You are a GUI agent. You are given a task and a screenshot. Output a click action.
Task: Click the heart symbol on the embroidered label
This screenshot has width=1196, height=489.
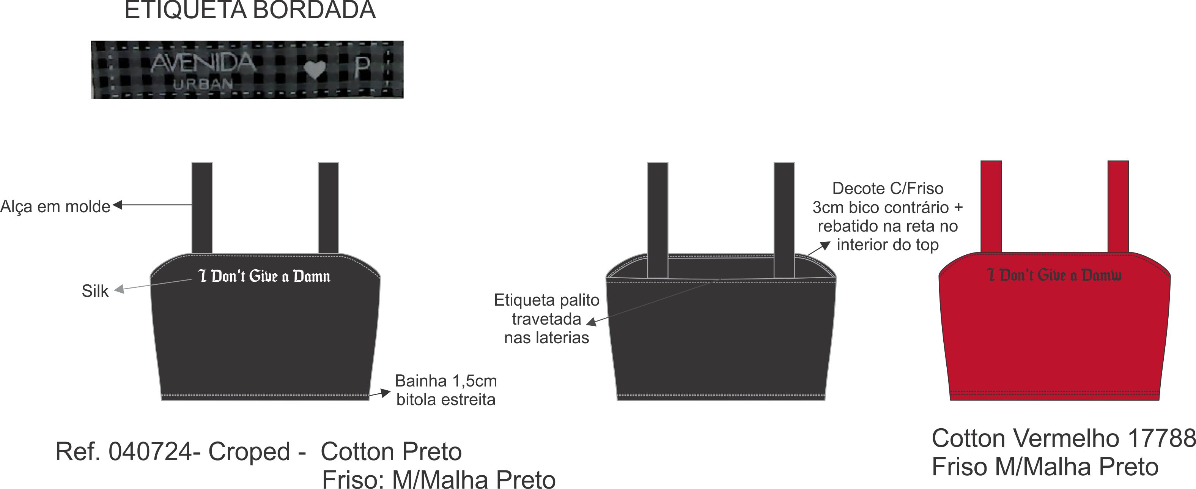315,70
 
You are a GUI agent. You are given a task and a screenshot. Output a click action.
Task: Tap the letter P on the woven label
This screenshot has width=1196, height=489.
362,68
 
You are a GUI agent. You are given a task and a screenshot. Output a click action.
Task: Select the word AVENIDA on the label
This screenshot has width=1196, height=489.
203,63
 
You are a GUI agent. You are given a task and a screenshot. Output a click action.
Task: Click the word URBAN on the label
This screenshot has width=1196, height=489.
203,84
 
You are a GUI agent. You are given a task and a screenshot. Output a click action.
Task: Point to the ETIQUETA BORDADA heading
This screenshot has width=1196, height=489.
250,10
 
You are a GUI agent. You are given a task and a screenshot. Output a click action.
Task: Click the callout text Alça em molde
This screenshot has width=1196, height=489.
55,207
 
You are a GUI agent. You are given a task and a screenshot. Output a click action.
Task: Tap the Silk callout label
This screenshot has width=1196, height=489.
95,291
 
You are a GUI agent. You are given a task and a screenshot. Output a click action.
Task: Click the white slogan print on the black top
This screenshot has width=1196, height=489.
264,276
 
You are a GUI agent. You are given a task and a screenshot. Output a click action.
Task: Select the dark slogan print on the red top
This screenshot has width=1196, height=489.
1054,275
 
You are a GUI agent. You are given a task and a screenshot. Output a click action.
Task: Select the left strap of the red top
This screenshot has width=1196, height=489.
991,206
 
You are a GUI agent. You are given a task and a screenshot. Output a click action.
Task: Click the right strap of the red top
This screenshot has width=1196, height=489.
1118,206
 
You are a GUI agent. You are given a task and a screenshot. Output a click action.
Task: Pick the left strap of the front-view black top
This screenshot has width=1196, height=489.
202,208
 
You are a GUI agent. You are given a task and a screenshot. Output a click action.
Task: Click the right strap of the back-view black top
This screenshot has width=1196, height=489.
784,219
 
